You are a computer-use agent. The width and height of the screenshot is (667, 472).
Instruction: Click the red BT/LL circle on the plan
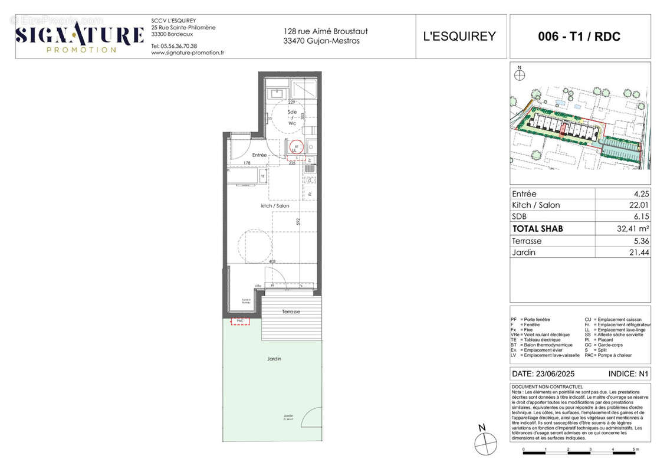[297, 147]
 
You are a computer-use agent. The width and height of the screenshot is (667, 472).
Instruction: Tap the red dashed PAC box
[239, 322]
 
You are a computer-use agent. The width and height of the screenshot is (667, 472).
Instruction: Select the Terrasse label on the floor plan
[291, 312]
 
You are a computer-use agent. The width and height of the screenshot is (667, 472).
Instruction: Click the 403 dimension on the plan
[272, 261]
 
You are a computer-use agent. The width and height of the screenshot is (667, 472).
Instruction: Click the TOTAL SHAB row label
[537, 229]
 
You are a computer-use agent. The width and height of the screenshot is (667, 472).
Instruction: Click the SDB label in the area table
[520, 217]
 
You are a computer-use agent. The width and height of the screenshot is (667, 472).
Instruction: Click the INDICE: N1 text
[628, 374]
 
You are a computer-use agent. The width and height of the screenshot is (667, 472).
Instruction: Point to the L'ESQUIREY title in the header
[460, 36]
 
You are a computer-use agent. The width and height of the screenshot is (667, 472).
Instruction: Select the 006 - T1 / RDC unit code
[579, 36]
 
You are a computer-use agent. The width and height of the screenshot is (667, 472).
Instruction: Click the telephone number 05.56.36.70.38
[174, 45]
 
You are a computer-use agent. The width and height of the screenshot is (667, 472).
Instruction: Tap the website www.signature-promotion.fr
[188, 53]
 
